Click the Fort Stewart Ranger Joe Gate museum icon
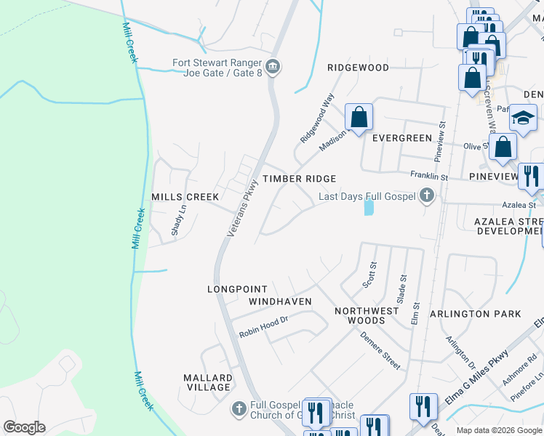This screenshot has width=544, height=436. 273,68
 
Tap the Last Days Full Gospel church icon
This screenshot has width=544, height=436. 427,195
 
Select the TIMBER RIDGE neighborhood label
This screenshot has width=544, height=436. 299,179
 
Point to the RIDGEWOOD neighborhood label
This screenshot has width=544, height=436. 358,68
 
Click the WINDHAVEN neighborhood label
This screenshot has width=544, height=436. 280,302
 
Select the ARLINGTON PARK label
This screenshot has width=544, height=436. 476,314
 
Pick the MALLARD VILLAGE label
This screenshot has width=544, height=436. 208,382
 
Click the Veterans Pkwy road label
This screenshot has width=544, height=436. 243,207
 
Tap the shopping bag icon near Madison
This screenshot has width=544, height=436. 359,116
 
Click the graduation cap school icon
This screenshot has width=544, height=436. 522,118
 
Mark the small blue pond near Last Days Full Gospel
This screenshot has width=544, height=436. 368,208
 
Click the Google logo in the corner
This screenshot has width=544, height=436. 24,427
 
